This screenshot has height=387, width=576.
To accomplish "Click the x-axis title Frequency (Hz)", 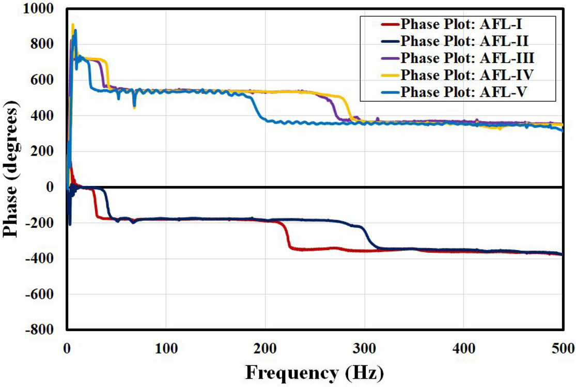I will point(315,371).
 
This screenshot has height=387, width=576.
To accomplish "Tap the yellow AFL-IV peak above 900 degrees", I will point(73,25).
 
